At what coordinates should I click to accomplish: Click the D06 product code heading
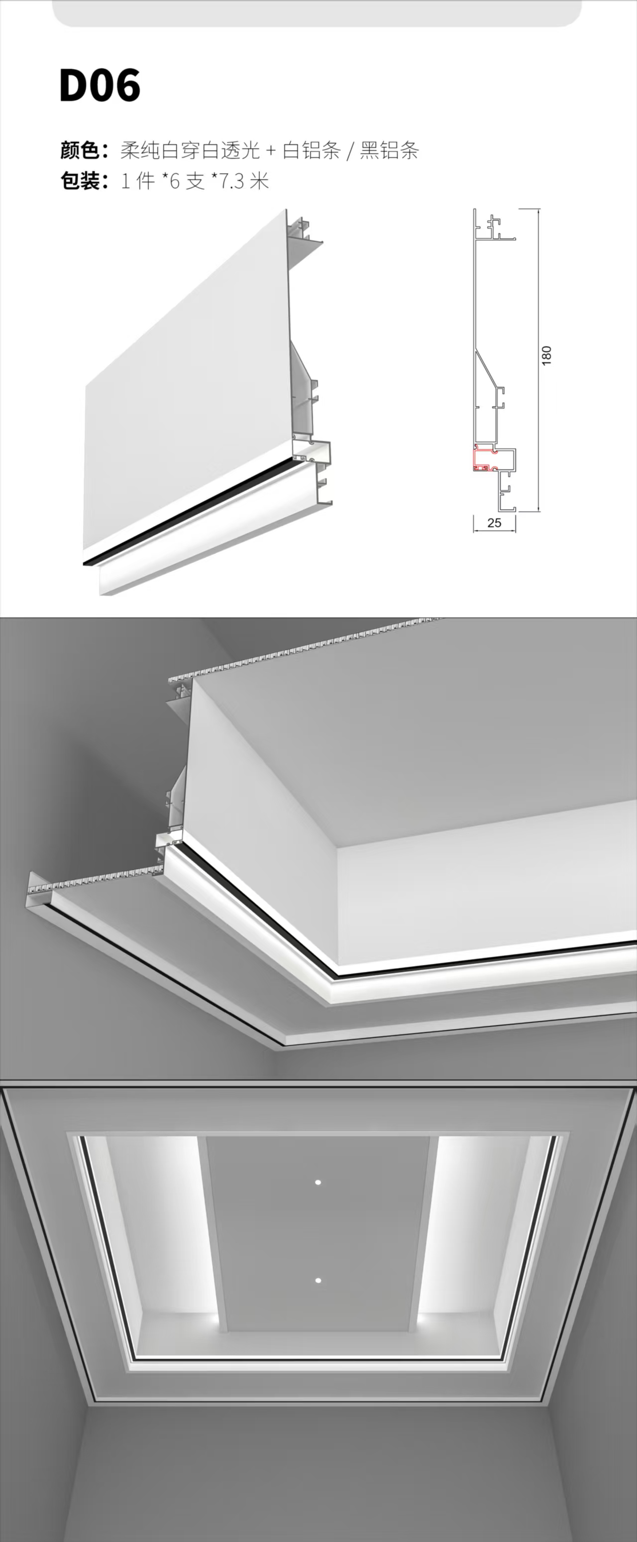coord(100,86)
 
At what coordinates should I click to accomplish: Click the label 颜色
coord(80,150)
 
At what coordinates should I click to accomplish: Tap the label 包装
coord(80,180)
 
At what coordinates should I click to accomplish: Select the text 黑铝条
coord(389,150)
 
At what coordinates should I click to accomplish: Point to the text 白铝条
coord(311,150)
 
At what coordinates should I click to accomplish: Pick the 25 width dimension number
coord(494,523)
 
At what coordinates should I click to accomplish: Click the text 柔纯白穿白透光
coord(190,150)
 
